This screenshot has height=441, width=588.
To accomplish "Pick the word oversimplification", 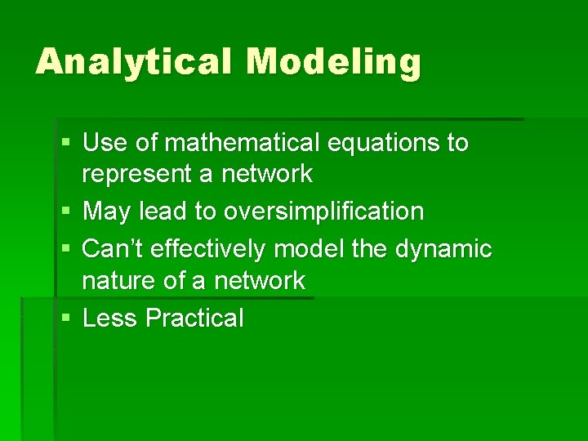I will [324, 212].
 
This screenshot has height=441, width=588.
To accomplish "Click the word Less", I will [110, 318].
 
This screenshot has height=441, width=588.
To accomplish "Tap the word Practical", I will [194, 318].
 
